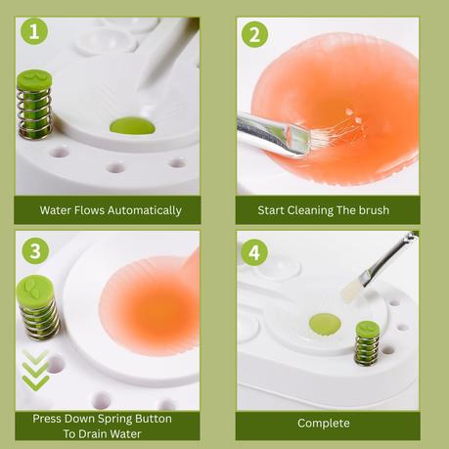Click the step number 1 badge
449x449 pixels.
click(34, 31)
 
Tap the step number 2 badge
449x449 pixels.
click(254, 34)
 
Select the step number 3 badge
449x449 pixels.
click(35, 251)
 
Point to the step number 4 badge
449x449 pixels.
click(254, 252)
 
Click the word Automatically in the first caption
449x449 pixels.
click(145, 210)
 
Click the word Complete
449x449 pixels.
click(324, 424)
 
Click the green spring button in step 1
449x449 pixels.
click(34, 105)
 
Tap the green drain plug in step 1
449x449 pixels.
click(132, 126)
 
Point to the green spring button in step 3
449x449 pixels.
click(37, 307)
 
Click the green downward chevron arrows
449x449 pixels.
click(35, 370)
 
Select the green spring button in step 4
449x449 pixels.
click(367, 342)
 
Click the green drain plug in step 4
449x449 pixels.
click(325, 324)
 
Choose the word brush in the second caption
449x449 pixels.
click(374, 210)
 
